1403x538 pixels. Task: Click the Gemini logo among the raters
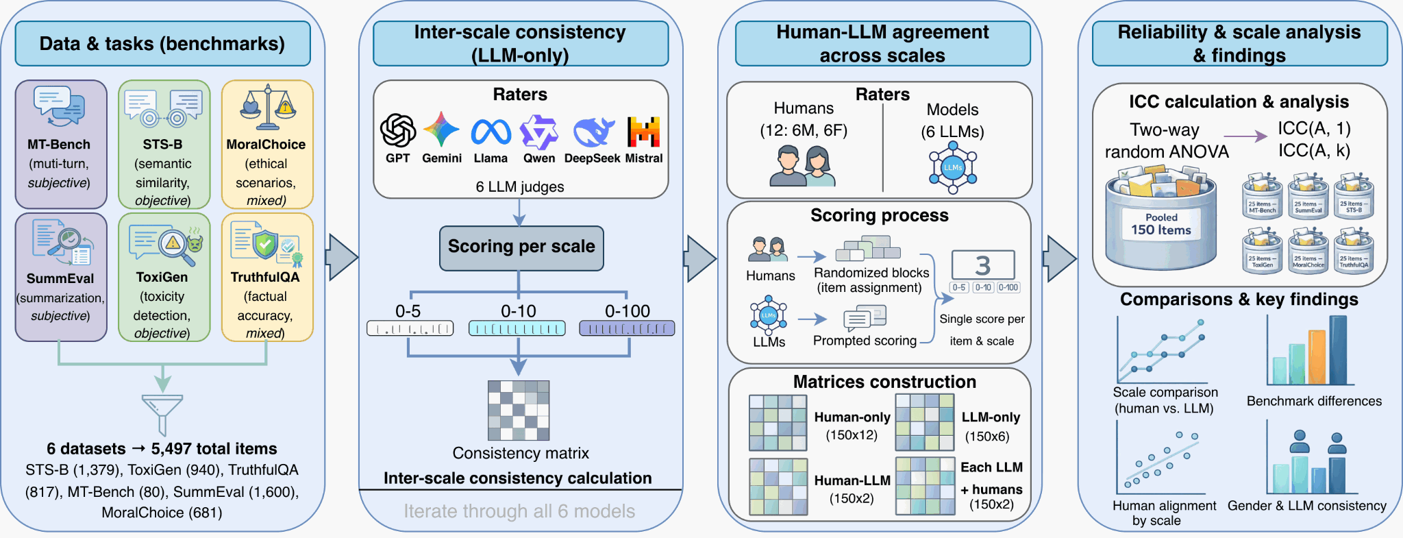[x=441, y=130]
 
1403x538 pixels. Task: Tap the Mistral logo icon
[x=644, y=131]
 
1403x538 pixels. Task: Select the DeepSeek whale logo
[x=593, y=132]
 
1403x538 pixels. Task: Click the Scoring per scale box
[x=521, y=247]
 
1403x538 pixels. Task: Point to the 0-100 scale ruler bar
[x=627, y=328]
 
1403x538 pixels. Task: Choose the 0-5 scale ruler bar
[x=410, y=328]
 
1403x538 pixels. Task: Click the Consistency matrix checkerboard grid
[x=519, y=410]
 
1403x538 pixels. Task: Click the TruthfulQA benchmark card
[x=267, y=277]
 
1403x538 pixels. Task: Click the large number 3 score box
[x=983, y=265]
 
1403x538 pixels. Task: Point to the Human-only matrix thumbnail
[x=778, y=422]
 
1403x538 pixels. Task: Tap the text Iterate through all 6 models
[x=519, y=511]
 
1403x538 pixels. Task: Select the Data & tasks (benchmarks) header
[x=162, y=44]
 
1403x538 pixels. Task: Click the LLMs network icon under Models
[x=953, y=167]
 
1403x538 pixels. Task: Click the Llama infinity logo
[x=491, y=132]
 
